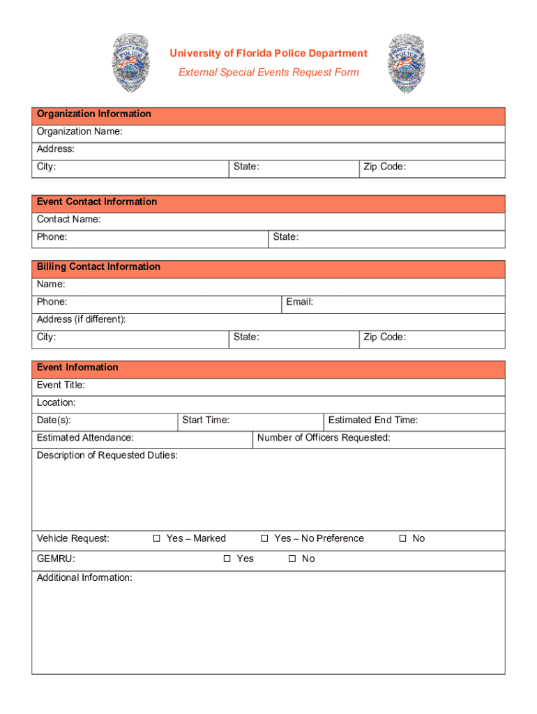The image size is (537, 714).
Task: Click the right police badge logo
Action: pos(407,63)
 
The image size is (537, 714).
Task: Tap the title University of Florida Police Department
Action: pos(269,54)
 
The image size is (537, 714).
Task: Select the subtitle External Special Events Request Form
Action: pos(268,73)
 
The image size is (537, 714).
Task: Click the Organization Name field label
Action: pos(80,132)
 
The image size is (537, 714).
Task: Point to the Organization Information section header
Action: pos(93,114)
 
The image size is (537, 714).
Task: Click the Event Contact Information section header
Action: pos(97,202)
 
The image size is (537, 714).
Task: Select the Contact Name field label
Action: pos(68,220)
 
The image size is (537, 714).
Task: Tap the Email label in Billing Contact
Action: pos(299,302)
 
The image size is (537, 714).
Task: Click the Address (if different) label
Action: pos(81,319)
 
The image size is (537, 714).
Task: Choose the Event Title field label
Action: pos(61,385)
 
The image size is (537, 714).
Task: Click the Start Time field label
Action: pos(206,420)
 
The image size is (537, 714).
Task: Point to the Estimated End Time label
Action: pos(372,420)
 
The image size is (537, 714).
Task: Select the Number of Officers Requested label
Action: pos(324,438)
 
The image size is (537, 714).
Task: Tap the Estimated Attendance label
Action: pos(85,438)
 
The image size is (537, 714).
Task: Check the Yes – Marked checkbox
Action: pos(157,538)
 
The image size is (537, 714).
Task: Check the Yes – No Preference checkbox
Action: pos(265,538)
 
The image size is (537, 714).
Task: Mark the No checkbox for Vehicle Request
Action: pos(402,538)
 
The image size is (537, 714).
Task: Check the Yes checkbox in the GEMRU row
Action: pos(227,559)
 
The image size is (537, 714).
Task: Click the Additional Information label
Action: pos(84,578)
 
